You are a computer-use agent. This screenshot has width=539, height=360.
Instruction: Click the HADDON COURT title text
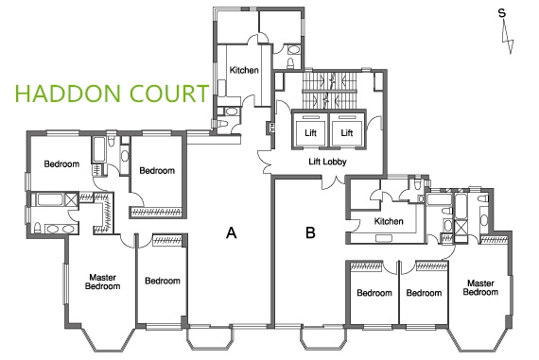point(112,94)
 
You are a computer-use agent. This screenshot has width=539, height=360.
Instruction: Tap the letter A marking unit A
point(232,232)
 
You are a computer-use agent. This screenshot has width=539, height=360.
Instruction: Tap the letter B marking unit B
point(310,232)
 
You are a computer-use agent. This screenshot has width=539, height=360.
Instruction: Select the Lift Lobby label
point(327,162)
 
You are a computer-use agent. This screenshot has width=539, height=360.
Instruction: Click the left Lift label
point(310,132)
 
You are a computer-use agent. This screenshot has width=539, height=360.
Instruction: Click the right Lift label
point(347,132)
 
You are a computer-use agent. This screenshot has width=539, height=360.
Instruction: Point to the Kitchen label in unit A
point(244,70)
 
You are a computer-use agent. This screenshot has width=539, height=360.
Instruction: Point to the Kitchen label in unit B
point(389,221)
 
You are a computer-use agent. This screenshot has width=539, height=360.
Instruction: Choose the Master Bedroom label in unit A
point(102,282)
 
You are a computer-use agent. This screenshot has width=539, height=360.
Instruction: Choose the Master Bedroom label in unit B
point(480,287)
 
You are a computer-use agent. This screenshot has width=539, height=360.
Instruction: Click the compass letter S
point(502,13)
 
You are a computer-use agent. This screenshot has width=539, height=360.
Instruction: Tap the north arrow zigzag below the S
point(508,36)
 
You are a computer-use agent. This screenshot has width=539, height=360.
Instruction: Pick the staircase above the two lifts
point(329,90)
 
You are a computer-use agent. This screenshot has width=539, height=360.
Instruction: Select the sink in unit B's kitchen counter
point(384,238)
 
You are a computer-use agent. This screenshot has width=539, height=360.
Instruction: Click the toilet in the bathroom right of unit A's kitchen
point(291,63)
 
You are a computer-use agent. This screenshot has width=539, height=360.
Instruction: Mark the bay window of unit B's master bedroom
point(478,339)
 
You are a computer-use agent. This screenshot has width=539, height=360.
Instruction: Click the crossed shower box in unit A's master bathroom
point(72,199)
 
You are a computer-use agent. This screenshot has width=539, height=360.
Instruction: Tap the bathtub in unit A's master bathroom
point(50,199)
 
